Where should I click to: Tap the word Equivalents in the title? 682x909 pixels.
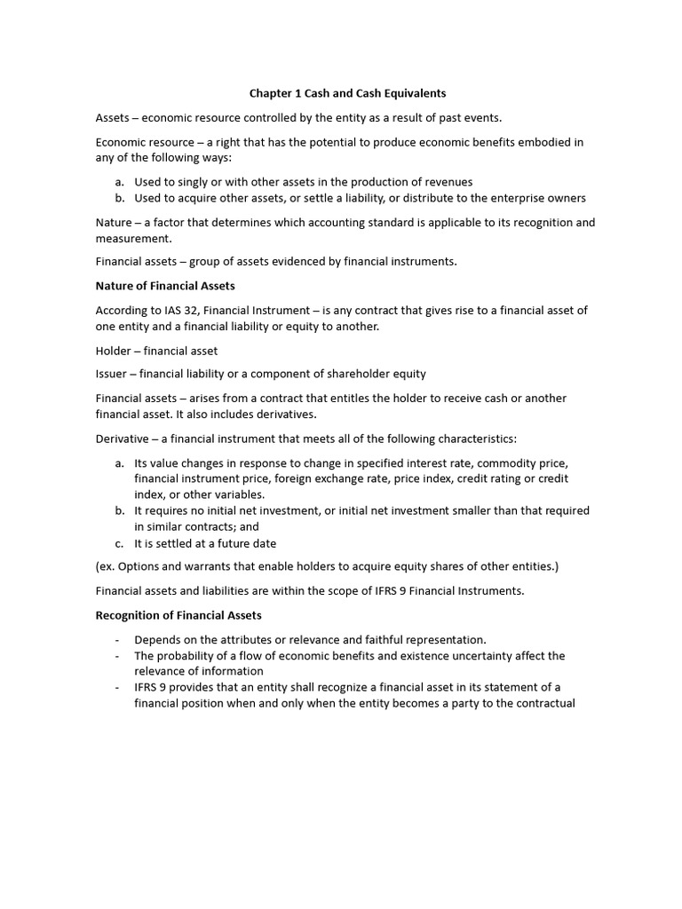click(x=406, y=92)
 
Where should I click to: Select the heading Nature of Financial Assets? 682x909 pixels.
click(x=165, y=286)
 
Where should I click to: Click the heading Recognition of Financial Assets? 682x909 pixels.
click(x=178, y=615)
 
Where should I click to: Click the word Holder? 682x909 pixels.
click(x=115, y=351)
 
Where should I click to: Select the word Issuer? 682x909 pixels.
click(x=114, y=374)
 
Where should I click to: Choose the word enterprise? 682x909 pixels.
click(x=515, y=198)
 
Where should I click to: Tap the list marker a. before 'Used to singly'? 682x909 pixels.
click(x=119, y=182)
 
